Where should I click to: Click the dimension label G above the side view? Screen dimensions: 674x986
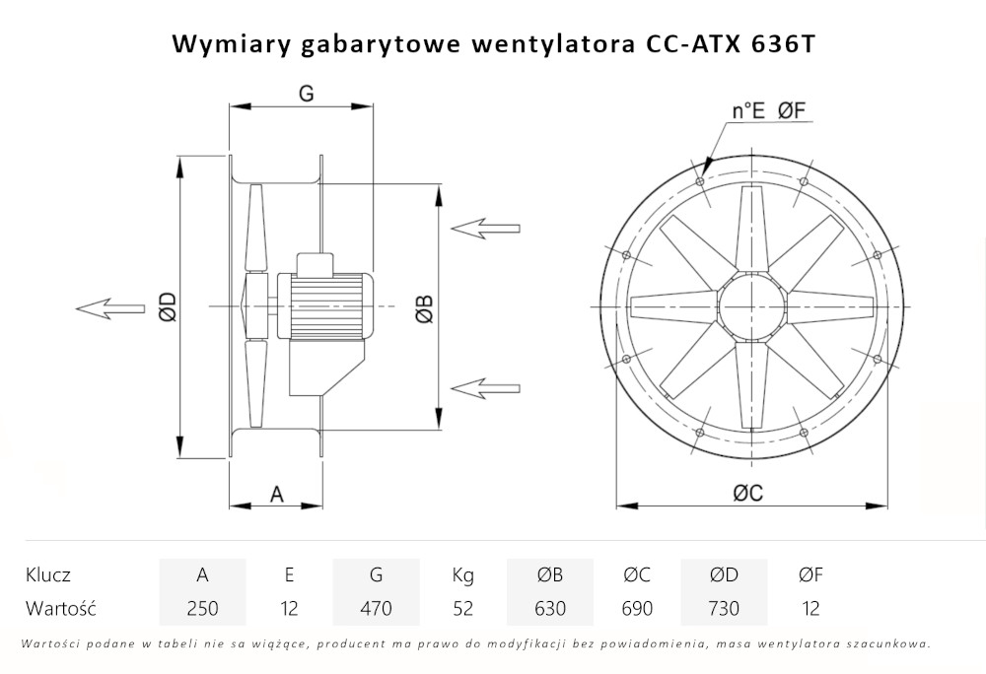(x=306, y=94)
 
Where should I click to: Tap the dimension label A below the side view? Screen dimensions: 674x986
(x=277, y=494)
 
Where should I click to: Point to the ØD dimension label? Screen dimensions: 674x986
(x=168, y=307)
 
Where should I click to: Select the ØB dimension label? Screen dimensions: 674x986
(x=422, y=308)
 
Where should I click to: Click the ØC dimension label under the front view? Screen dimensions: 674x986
(x=747, y=494)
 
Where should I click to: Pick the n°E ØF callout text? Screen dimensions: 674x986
(x=770, y=111)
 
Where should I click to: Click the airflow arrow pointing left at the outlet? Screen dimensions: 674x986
(x=109, y=308)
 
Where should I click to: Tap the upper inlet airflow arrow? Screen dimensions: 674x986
(x=485, y=228)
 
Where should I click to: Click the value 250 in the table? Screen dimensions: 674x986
(x=202, y=608)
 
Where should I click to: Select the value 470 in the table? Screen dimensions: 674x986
(x=376, y=608)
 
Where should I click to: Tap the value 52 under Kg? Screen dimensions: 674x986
(x=462, y=608)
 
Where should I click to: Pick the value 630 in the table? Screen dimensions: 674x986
(x=549, y=608)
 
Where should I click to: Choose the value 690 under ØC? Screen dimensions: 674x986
(x=637, y=608)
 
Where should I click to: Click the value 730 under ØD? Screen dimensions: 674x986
(x=724, y=608)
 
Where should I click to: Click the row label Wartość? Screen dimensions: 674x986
(x=61, y=608)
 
